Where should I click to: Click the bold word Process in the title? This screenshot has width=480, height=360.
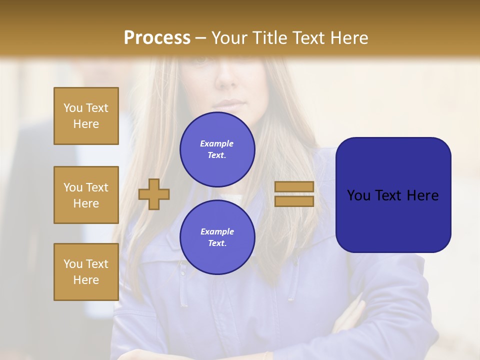click(x=157, y=38)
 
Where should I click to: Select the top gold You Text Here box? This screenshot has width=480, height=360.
click(x=86, y=116)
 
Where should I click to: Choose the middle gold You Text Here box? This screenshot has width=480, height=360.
click(x=86, y=195)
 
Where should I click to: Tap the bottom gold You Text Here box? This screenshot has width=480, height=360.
click(x=86, y=272)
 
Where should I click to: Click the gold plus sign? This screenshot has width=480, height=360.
click(x=154, y=194)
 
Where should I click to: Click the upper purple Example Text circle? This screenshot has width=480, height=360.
click(x=217, y=149)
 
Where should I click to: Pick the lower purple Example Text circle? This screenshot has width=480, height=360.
click(x=217, y=237)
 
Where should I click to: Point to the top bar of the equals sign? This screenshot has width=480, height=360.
click(x=294, y=186)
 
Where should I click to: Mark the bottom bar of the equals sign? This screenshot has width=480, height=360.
click(x=294, y=201)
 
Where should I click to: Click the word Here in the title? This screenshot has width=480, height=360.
click(x=349, y=38)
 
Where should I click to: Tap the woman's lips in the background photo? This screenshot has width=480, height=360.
click(x=227, y=104)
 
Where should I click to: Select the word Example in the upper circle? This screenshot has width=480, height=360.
click(x=217, y=144)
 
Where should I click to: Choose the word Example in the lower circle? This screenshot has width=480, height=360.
click(x=217, y=232)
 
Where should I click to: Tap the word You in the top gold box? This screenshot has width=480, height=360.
click(x=72, y=108)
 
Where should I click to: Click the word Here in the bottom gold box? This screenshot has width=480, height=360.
click(x=86, y=280)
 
